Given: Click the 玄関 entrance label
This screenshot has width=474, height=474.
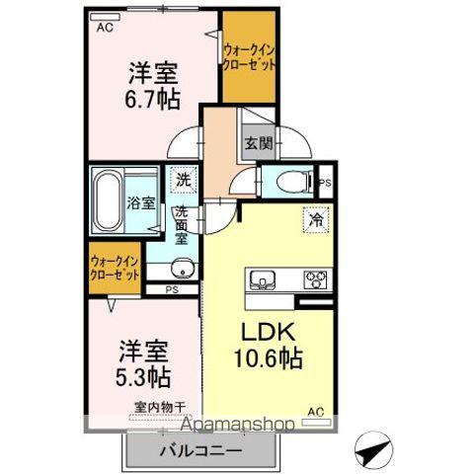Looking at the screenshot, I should (258, 143).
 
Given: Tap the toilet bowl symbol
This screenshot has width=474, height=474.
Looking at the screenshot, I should (287, 183).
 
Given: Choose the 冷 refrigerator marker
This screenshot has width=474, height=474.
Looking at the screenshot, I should (315, 219).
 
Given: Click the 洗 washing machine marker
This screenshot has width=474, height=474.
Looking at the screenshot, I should (183, 181).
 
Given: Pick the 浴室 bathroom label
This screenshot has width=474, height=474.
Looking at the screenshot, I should (140, 204).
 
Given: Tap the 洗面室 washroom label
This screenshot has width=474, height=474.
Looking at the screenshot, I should (183, 226).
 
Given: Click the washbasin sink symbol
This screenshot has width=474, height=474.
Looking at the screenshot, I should (182, 270).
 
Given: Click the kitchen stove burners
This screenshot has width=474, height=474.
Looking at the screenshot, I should (315, 277).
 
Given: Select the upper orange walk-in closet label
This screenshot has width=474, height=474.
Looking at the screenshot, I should (248, 55).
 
